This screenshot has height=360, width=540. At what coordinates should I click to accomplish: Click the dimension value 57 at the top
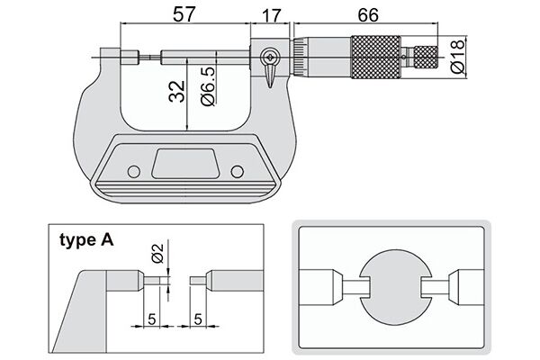click(184, 14)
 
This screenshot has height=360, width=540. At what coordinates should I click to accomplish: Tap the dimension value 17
click(272, 15)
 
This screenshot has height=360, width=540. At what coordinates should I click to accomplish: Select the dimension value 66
click(368, 14)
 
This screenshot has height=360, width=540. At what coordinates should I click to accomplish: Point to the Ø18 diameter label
click(457, 56)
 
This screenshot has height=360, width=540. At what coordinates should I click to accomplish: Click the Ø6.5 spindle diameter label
click(208, 85)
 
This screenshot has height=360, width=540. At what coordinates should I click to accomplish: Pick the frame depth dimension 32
click(177, 91)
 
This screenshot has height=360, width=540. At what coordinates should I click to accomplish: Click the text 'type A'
click(86, 239)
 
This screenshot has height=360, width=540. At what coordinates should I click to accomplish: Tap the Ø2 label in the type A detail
click(157, 253)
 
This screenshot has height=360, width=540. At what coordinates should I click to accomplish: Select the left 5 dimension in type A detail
click(151, 319)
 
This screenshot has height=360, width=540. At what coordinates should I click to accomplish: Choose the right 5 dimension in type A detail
click(198, 319)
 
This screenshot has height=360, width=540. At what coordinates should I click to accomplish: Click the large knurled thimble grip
click(375, 57)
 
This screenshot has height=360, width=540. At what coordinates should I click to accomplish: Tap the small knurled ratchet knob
click(426, 57)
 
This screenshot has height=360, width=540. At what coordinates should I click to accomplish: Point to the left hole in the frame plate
click(133, 172)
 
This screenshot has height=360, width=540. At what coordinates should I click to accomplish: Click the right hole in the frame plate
click(238, 172)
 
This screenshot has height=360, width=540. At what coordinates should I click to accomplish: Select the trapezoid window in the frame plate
click(184, 163)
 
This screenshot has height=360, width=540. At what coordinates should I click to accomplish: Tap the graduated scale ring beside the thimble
click(300, 57)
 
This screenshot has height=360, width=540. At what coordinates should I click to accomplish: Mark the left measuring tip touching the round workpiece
click(355, 287)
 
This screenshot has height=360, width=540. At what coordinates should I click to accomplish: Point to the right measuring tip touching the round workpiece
click(436, 287)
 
